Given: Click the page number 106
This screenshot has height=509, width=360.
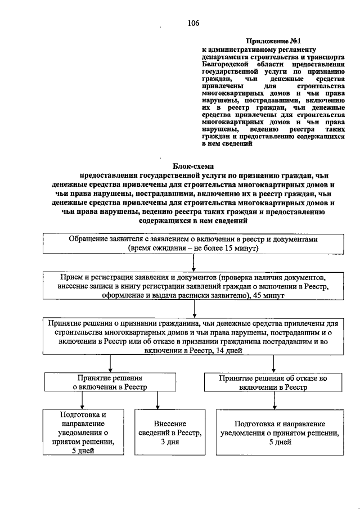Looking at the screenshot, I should pyautogui.click(x=193, y=23).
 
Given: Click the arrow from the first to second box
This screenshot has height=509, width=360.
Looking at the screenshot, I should pyautogui.click(x=193, y=263).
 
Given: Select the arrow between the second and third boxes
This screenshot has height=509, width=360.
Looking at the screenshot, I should pyautogui.click(x=193, y=310).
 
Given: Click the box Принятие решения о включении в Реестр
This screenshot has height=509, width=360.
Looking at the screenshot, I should pyautogui.click(x=110, y=383).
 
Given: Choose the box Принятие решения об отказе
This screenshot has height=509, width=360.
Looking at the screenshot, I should pyautogui.click(x=273, y=383).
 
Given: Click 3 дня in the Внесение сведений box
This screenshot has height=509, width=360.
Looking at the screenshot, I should pyautogui.click(x=170, y=442).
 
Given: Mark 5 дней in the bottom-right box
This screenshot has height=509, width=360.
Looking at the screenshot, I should pyautogui.click(x=280, y=442).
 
